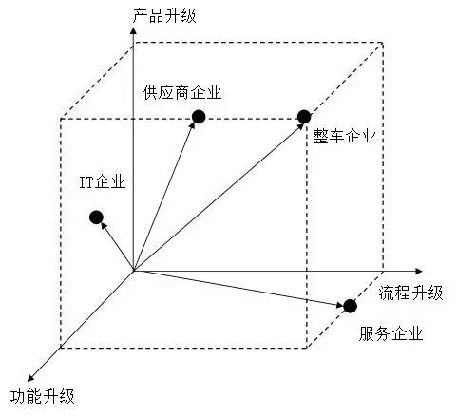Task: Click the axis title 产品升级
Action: coord(164,16)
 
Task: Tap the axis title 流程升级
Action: coord(411,293)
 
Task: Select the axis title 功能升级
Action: coord(43,396)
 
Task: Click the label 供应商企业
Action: coord(181,92)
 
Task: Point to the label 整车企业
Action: coord(345,137)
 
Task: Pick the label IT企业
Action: coord(103,182)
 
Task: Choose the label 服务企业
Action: coord(391,333)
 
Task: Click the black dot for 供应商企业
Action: coord(199,117)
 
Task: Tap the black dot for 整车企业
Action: coord(304,117)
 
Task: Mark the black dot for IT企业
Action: coord(96,217)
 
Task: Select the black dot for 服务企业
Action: coord(350,306)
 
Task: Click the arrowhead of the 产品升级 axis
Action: coord(133,30)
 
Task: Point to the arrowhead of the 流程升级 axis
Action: coord(419,272)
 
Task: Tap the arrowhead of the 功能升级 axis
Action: coord(30,378)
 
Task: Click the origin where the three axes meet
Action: coord(134,272)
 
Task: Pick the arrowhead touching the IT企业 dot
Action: coord(104,226)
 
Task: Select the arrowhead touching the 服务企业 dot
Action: coord(340,306)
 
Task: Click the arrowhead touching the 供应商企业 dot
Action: coord(193,125)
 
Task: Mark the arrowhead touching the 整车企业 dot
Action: coord(299,127)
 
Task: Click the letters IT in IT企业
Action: coord(86,182)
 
